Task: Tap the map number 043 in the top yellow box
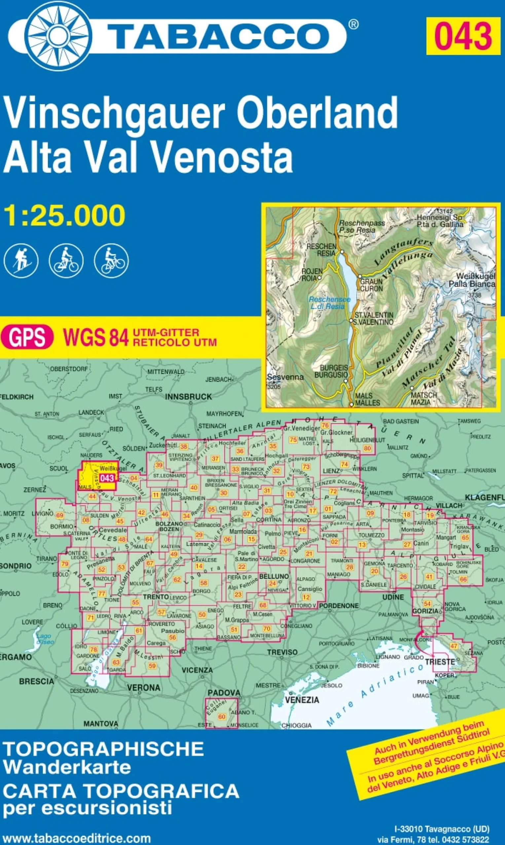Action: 463,36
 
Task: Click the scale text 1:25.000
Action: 64,216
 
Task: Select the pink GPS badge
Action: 27,337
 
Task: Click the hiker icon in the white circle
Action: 21,261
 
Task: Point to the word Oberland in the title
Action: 317,113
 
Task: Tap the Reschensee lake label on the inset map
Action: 329,303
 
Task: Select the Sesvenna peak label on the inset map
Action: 285,377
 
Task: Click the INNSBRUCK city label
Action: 188,397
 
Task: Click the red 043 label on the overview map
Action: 107,478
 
